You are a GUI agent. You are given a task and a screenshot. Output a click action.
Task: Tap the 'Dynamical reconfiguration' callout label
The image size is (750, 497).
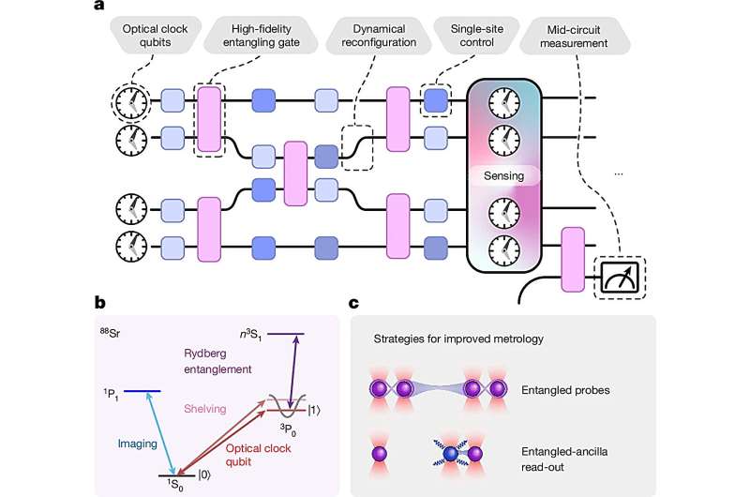[378, 36]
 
